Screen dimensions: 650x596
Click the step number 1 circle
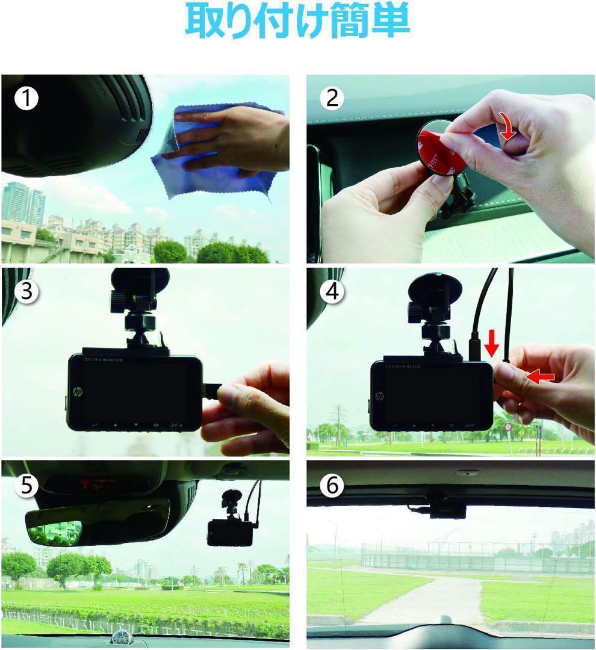[x=26, y=98]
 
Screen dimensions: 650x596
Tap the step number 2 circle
[x=332, y=98]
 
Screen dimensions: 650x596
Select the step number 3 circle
[x=26, y=291]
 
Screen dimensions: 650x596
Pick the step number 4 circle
[x=332, y=291]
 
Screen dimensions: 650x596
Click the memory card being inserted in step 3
[x=211, y=391]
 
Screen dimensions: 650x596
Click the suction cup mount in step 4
[x=435, y=288]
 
